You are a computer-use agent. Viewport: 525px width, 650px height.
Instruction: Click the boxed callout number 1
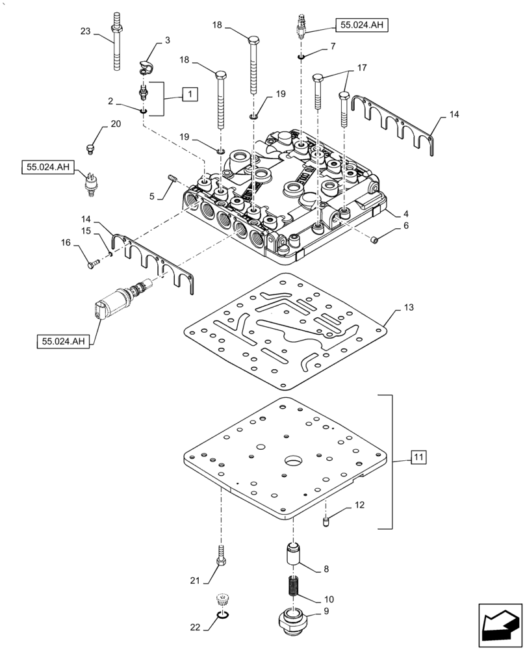pyautogui.click(x=189, y=94)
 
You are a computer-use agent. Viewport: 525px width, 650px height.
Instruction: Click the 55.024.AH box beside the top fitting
pyautogui.click(x=361, y=25)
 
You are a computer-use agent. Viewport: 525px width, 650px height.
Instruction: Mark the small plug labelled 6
pyautogui.click(x=374, y=241)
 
